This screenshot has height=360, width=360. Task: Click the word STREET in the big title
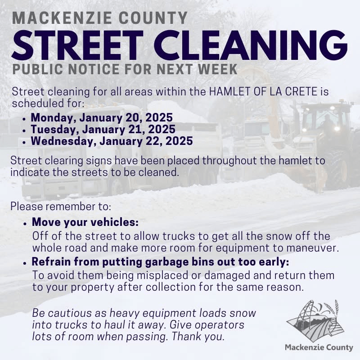click(x=77, y=45)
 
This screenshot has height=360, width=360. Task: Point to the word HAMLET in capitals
click(x=229, y=92)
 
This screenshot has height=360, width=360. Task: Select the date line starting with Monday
click(x=102, y=117)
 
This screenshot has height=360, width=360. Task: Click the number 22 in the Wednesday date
click(x=155, y=141)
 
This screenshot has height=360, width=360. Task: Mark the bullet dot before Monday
click(x=24, y=119)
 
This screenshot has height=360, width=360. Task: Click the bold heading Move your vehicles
click(x=85, y=222)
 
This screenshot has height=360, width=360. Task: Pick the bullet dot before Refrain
click(x=25, y=263)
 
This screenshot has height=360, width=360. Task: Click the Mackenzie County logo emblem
click(x=315, y=321)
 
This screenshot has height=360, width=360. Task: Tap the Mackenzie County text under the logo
click(x=319, y=347)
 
